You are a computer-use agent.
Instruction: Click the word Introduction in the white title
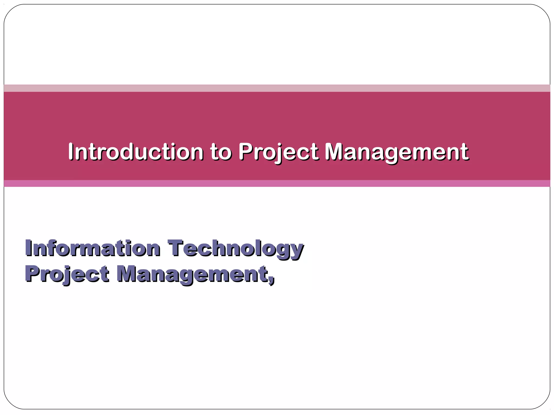point(136,152)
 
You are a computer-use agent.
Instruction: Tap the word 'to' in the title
point(221,152)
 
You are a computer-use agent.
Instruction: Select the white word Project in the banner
point(278,152)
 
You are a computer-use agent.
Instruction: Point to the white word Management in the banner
point(396,152)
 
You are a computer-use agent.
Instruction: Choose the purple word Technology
point(235,249)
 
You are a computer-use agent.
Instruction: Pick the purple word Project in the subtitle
point(67,274)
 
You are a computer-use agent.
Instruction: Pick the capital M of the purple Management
point(128,273)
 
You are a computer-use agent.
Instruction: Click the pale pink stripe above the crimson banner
point(277,88)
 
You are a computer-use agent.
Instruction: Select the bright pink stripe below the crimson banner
point(277,183)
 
